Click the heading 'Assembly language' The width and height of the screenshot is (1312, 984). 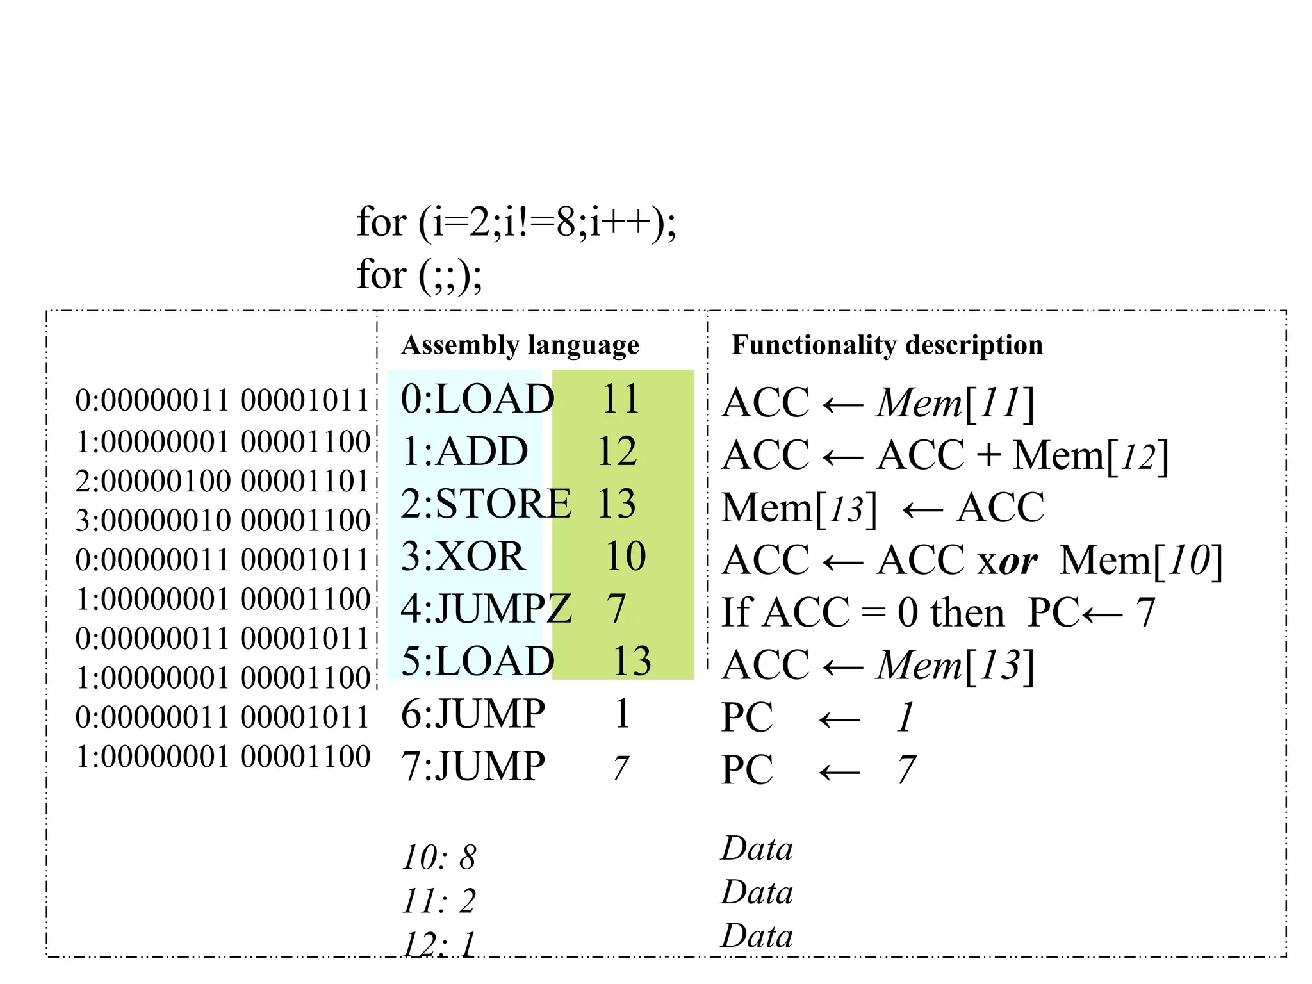(x=520, y=345)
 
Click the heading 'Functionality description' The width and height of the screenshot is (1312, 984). (x=887, y=345)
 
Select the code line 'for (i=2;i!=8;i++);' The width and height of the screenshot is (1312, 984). (x=516, y=223)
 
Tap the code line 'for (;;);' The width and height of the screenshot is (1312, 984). (x=419, y=275)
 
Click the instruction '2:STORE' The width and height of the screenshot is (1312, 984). (x=486, y=504)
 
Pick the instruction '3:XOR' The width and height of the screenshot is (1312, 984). (x=463, y=556)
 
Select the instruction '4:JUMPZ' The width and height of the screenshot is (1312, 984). (x=486, y=609)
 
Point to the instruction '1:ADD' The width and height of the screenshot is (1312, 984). (x=464, y=452)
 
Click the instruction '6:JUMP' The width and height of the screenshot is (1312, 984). (x=473, y=714)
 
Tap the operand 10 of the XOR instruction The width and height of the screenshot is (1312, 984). (x=626, y=556)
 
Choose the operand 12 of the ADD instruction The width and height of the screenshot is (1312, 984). (x=617, y=452)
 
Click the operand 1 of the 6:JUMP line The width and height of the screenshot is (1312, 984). (x=622, y=714)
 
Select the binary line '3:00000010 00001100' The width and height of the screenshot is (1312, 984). (x=222, y=521)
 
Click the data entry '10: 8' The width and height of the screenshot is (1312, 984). (x=439, y=858)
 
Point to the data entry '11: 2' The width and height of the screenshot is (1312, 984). (x=439, y=901)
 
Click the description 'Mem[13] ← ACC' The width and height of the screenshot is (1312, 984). (x=882, y=508)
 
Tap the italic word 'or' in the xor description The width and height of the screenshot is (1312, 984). (x=1018, y=561)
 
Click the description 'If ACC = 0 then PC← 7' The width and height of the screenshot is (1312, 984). (x=938, y=613)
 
